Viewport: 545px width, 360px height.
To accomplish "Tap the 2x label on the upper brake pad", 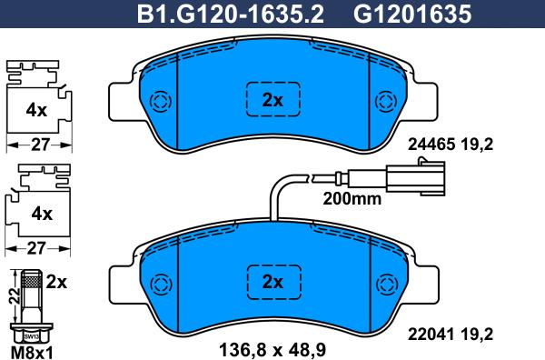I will [x=272, y=101].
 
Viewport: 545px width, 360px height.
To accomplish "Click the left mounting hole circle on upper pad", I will [x=160, y=100].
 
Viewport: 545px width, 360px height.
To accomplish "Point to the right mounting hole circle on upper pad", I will [x=385, y=100].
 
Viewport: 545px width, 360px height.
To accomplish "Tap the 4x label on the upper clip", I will [x=36, y=111].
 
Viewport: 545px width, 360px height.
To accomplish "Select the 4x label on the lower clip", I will [x=36, y=215].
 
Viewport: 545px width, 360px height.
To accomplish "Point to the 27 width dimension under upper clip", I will [x=36, y=144].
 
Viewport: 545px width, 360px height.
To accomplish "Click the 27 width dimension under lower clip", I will [x=36, y=247].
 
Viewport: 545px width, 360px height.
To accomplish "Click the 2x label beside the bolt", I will [x=56, y=282].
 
